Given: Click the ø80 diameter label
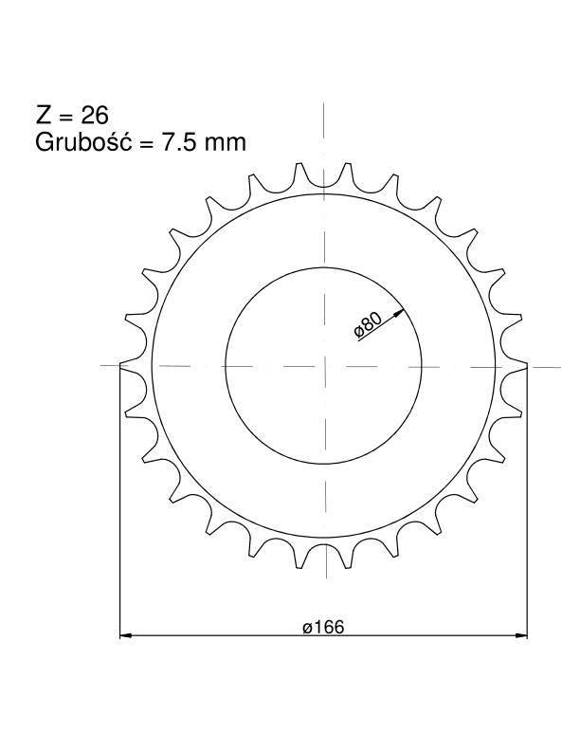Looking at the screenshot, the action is pyautogui.click(x=368, y=325).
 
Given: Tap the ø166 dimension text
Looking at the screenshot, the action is pyautogui.click(x=323, y=627).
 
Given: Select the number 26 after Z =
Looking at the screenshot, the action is pyautogui.click(x=95, y=116).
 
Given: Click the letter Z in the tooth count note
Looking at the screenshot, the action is pyautogui.click(x=43, y=116).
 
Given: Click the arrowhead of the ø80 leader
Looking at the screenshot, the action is pyautogui.click(x=399, y=313).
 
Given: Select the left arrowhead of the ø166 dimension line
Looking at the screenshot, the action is pyautogui.click(x=125, y=635).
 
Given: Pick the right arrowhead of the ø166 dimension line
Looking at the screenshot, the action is pyautogui.click(x=520, y=635).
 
